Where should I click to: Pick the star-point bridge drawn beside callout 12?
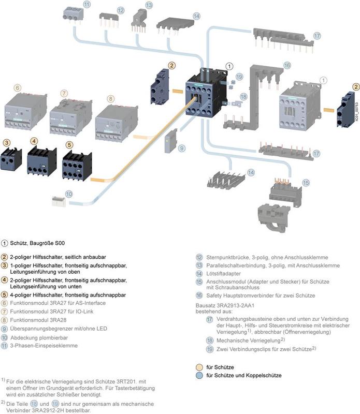[110, 21]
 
